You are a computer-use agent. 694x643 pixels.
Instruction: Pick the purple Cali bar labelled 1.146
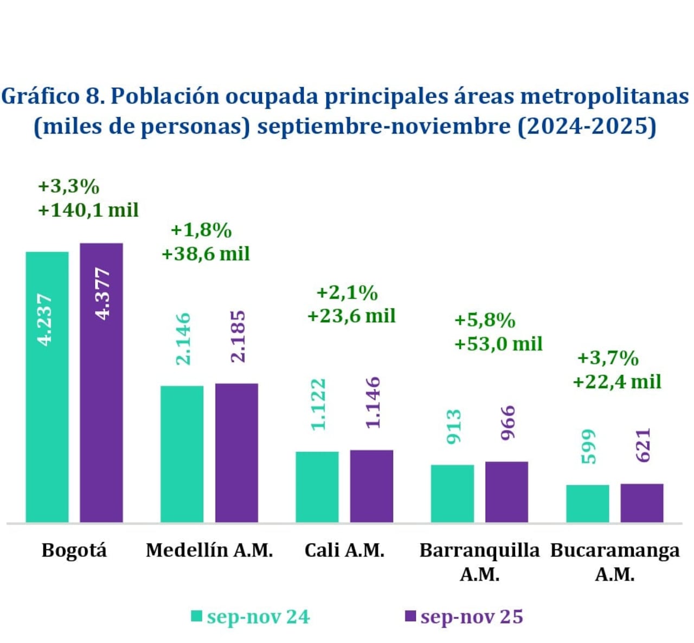[371, 486]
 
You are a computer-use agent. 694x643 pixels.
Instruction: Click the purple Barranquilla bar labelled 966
[506, 492]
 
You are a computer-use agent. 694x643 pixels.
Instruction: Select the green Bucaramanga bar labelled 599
[588, 504]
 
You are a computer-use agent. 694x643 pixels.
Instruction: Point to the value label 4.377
[102, 294]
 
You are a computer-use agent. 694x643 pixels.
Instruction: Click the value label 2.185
[237, 336]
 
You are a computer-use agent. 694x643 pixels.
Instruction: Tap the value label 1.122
[318, 405]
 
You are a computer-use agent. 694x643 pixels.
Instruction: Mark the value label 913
[453, 427]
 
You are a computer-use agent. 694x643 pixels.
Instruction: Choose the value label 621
[642, 445]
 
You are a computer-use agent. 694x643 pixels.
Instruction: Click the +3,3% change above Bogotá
[68, 187]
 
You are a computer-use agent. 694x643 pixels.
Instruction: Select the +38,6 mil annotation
[205, 253]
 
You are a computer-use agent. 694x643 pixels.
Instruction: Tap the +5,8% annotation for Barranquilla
[484, 320]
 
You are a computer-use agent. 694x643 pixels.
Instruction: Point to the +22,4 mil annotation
[616, 381]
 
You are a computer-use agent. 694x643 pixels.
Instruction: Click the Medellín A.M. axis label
[209, 550]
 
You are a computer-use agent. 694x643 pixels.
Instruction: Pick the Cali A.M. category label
[344, 550]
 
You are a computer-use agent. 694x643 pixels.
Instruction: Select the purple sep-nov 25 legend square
[410, 616]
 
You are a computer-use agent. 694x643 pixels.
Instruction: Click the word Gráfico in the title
[41, 97]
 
